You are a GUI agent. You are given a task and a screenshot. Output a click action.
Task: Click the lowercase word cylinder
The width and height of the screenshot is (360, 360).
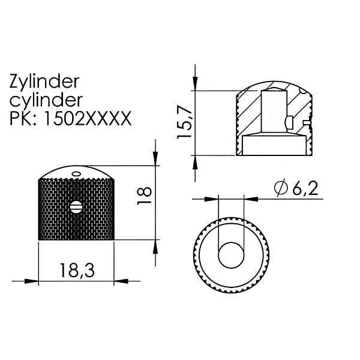[x=46, y=100]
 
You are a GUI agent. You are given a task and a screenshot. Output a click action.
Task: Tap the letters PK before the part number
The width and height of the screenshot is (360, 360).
[x=20, y=118]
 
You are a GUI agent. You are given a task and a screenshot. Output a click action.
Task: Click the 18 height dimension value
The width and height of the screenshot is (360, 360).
[x=144, y=196]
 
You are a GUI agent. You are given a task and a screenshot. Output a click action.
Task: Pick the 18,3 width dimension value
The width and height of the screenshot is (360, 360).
[x=77, y=270]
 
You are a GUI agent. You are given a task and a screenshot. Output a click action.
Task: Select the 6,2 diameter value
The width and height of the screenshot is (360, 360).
[x=305, y=188]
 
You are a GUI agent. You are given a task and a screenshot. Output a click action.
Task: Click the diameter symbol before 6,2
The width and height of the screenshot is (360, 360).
[x=281, y=188]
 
